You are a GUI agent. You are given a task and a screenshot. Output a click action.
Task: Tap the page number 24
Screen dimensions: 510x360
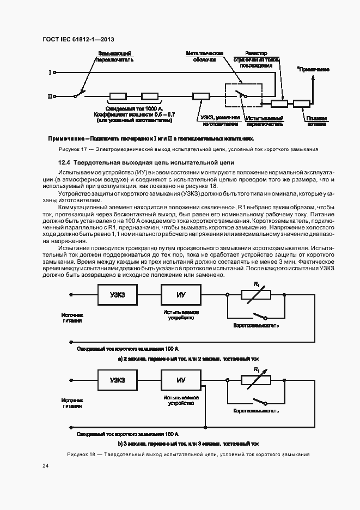pos(46,465)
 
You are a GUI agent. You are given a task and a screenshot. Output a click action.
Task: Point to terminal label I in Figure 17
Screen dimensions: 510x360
pos(50,72)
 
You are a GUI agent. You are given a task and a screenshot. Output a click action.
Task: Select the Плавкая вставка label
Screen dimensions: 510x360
pos(316,120)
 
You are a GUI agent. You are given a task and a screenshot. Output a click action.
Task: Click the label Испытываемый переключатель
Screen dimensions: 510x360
pos(264,120)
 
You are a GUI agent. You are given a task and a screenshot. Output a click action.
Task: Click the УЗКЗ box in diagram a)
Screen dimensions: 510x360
pos(117,295)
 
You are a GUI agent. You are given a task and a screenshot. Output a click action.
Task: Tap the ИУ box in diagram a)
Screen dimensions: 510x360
pos(181,295)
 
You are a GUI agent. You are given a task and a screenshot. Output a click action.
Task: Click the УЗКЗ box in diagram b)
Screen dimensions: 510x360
pos(117,380)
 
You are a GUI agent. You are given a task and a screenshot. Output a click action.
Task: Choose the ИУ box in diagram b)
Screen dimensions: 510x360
pos(181,380)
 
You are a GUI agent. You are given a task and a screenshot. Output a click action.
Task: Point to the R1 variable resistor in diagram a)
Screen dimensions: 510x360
pos(256,295)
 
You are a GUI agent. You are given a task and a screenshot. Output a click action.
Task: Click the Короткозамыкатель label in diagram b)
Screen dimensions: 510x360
pos(256,410)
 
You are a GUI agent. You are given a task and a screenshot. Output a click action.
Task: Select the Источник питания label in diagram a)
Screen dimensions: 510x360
pos(72,318)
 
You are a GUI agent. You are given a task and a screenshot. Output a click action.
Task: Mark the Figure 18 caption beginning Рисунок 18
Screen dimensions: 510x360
pos(188,454)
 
